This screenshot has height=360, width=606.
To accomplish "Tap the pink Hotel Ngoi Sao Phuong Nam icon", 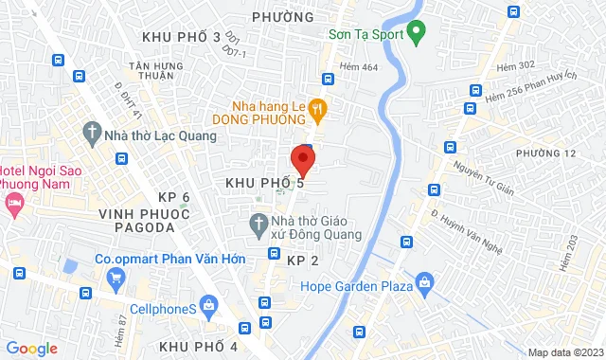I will (14, 203).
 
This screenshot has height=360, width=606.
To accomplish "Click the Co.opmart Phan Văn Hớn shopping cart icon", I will (116, 277).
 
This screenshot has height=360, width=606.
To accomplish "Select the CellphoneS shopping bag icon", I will (210, 303).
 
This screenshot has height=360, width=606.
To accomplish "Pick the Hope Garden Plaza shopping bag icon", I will (423, 282).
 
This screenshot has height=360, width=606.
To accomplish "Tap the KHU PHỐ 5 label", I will (264, 182).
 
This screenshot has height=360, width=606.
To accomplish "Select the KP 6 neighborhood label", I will (174, 196).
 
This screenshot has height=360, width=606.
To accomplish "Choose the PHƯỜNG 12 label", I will (546, 153).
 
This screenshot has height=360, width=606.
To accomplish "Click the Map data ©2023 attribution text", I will (563, 352).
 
